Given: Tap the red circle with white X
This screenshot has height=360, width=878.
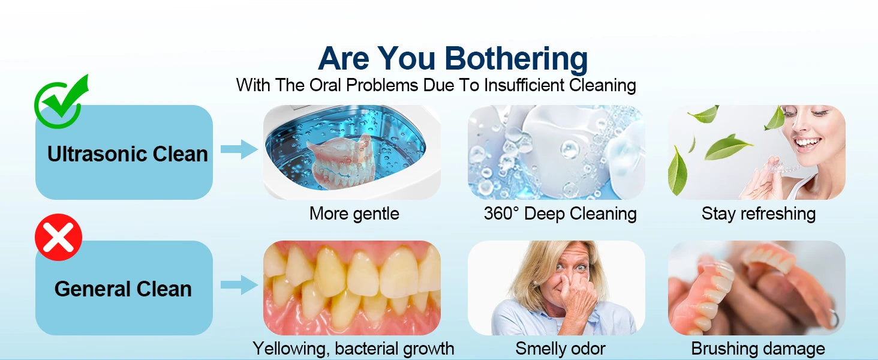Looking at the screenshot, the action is coord(58,237).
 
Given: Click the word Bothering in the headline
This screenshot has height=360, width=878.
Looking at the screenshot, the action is coord(516,59).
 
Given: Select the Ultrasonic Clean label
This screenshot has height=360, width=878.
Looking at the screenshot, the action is coord(127,154).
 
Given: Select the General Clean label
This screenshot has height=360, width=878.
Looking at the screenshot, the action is coord(123,289).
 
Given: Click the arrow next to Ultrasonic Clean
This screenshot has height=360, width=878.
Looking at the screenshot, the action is coord(239,149).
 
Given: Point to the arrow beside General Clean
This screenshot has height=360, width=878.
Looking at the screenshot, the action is coord(239,285).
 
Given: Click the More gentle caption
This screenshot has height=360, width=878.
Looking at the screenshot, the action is coord(354,214).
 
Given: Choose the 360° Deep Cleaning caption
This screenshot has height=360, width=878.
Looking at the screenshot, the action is coord(560,214).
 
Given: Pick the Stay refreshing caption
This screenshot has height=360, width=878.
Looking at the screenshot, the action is coord(759,214).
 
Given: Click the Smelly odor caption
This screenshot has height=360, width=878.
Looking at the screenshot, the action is coord(560,348).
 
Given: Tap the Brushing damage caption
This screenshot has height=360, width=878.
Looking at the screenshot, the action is coord(758,348).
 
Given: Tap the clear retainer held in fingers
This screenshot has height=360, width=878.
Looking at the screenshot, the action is coord(781,168).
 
